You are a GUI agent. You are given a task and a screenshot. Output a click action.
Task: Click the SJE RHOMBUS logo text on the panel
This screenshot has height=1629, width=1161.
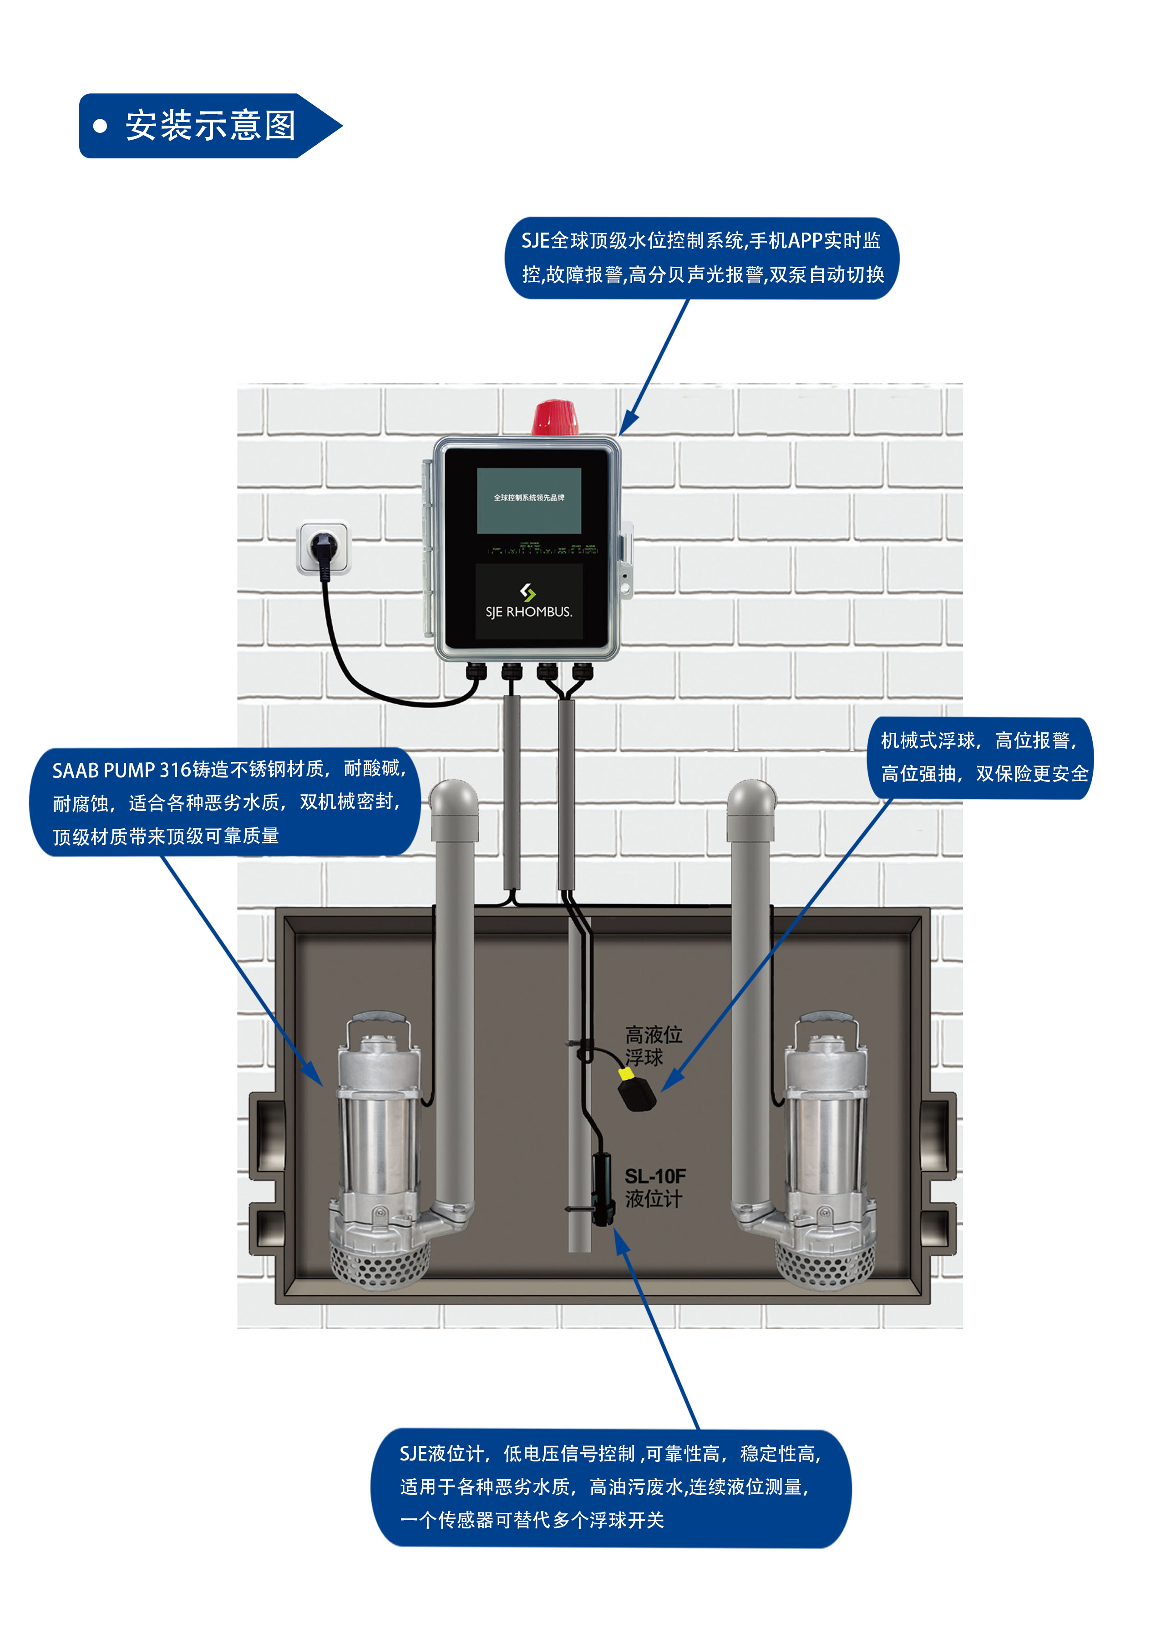[x=528, y=612]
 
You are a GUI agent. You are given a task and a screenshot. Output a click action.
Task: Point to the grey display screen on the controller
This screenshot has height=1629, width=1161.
[x=528, y=500]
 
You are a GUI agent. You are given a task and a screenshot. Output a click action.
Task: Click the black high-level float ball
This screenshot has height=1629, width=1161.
[x=638, y=1093]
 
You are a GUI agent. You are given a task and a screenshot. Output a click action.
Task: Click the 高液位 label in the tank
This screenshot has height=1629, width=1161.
[x=654, y=1034]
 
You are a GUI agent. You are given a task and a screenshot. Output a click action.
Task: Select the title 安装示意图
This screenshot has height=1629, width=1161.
[x=210, y=126]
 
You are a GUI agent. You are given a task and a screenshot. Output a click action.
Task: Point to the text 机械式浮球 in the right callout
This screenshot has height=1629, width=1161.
[x=927, y=741]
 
